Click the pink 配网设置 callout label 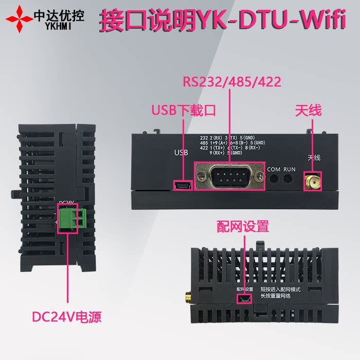pos(243,226)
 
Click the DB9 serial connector pos(229,177)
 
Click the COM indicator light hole pos(274,178)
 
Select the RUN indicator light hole pos(290,178)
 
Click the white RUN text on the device pos(290,169)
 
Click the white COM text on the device pos(274,169)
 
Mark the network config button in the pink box pos(245,298)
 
